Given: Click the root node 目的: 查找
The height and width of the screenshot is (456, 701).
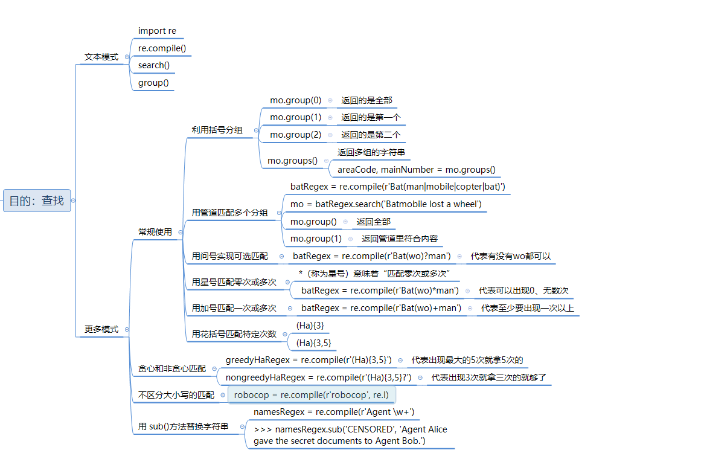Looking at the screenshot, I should click(37, 201).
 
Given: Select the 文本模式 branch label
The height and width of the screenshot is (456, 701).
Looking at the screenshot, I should click(101, 57).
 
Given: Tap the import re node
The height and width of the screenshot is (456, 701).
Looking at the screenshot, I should click(157, 31).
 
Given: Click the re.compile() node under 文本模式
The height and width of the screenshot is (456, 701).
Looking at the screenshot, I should click(162, 48).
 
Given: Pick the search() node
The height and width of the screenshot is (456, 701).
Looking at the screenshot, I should click(153, 65).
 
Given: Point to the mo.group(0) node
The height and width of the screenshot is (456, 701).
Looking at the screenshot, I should click(295, 100).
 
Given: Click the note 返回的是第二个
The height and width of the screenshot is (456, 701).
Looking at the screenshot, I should click(370, 135).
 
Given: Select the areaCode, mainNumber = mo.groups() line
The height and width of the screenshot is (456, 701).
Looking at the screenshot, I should click(416, 170).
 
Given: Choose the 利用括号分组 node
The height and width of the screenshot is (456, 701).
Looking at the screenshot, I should click(217, 130).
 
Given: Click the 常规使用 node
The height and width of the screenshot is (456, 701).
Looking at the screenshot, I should click(155, 232).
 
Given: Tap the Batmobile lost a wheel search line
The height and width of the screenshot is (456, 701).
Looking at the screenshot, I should click(386, 204).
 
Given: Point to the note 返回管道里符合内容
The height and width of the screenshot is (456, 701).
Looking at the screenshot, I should click(400, 239).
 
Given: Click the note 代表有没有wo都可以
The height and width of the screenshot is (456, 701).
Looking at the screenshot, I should click(510, 256).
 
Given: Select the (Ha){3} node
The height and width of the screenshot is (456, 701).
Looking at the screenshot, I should click(310, 326).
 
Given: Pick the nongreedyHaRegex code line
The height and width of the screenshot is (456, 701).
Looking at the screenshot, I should click(318, 377).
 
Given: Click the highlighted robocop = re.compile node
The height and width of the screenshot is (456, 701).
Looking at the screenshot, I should click(312, 395).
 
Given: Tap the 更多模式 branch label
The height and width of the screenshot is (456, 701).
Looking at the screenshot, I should click(101, 329).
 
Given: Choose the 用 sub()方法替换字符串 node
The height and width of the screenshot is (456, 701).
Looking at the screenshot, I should click(183, 427).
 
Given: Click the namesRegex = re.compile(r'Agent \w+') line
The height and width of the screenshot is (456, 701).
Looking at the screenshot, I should click(333, 412).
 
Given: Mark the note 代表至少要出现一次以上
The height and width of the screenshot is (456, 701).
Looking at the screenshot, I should click(527, 308).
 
